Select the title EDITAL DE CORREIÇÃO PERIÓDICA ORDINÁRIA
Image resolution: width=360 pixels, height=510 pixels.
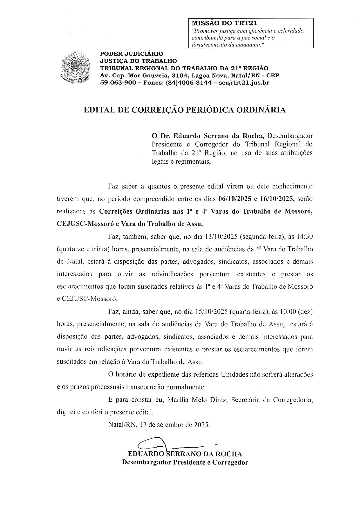[x=185, y=110]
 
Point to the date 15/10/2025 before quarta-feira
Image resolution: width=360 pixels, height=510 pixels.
[x=210, y=312]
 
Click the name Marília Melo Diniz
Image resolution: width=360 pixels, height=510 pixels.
[x=198, y=400]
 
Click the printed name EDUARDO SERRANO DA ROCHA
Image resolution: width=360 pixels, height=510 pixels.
[x=185, y=454]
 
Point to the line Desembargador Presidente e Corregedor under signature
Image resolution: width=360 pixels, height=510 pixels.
[x=185, y=462]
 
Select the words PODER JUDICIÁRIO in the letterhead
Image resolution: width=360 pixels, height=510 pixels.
[x=132, y=54]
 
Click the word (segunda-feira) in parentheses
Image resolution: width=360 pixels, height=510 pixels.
[x=262, y=237]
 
